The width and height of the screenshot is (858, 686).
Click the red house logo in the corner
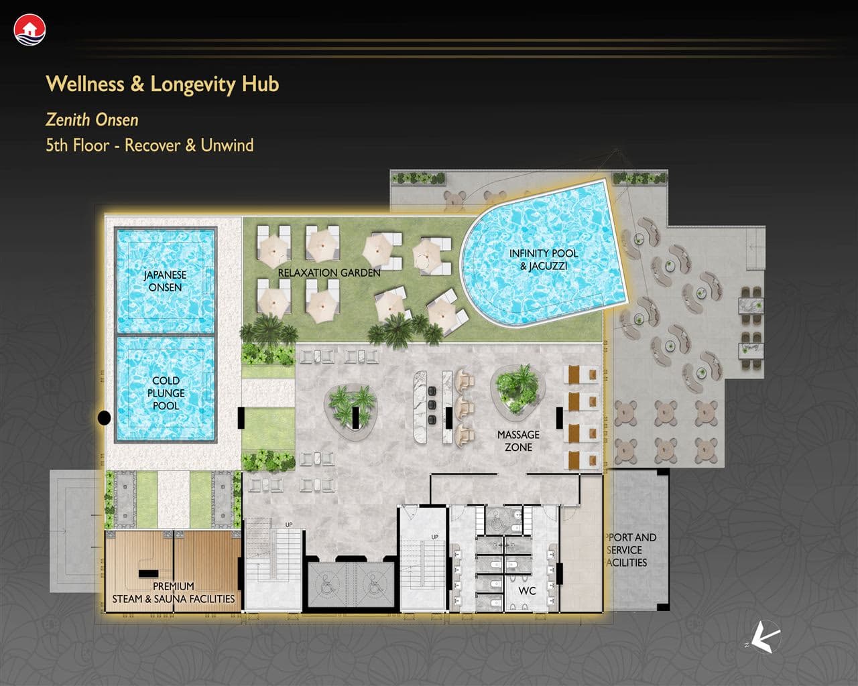29,29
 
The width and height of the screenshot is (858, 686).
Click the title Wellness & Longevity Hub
162,84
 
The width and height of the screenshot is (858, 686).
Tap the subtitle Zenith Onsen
92,120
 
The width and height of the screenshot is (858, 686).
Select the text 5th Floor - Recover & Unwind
149,145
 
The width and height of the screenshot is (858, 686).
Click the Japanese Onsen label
165,281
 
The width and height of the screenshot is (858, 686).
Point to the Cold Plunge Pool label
166,393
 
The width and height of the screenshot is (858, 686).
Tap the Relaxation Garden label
329,273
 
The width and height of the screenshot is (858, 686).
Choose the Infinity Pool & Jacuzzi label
544,259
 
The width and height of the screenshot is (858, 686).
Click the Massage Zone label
518,441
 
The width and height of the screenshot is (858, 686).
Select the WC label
527,591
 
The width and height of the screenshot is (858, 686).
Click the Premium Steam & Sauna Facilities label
174,592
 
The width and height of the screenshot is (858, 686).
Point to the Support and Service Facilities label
631,550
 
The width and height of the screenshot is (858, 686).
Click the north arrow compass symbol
765,637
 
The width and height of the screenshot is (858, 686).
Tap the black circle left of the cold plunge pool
104,418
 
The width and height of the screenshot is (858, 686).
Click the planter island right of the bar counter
517,393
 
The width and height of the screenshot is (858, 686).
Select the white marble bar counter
421,407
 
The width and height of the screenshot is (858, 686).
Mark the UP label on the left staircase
289,525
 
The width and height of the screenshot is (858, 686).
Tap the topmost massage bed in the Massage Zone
583,374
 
